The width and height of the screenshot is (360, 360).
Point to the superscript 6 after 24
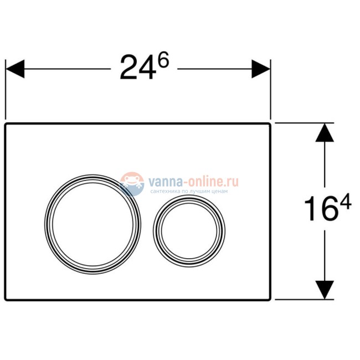162,60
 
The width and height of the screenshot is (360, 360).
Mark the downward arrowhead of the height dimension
325,289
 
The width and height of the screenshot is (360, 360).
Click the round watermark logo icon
132,183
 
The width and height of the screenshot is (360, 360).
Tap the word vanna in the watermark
161,181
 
